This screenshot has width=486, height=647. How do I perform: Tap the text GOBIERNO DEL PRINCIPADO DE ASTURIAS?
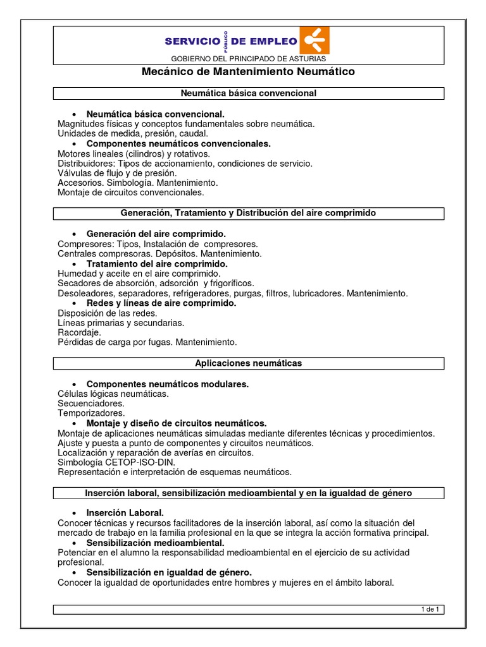(247, 59)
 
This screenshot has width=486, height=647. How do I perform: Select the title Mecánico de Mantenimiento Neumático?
(247, 72)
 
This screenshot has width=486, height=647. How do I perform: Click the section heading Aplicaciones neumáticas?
(248, 363)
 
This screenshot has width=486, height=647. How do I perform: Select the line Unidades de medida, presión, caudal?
(132, 134)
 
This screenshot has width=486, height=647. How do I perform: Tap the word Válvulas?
(74, 173)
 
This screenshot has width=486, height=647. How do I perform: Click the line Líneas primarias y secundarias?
(121, 323)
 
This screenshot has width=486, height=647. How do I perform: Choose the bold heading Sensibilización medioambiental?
(155, 543)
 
